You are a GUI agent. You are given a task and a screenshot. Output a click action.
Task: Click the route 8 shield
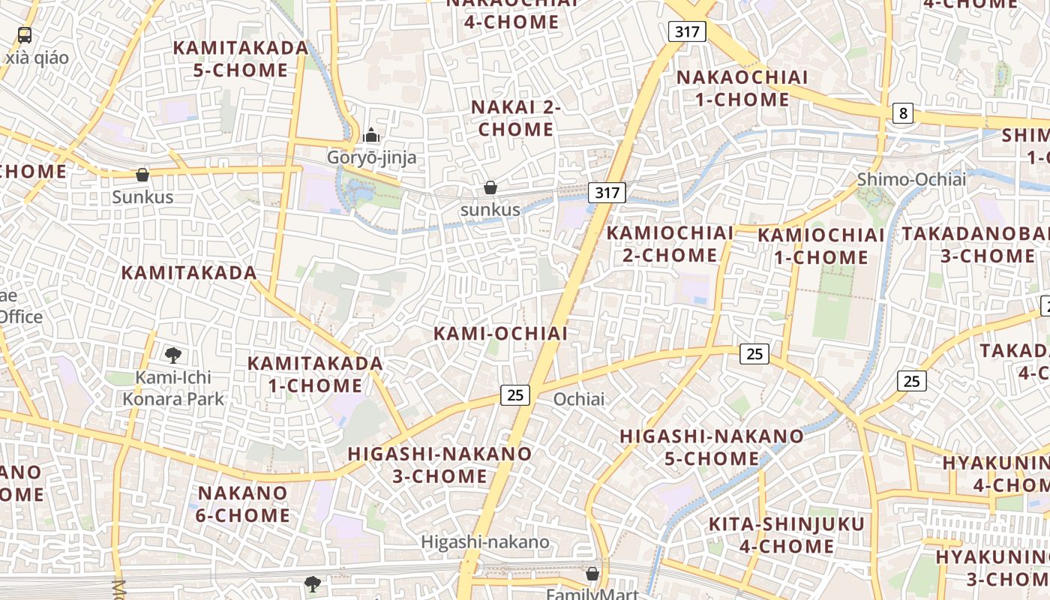pos(903,113)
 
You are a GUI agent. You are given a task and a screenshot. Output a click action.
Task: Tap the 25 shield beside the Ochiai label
pos(515,394)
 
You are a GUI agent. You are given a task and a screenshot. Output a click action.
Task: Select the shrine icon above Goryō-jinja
pos(370,136)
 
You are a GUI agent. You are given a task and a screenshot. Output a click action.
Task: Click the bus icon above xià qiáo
pos(25,34)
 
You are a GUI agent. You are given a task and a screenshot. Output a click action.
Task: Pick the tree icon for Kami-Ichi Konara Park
pos(173,355)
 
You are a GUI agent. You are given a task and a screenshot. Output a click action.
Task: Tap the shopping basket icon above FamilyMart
pos(592,574)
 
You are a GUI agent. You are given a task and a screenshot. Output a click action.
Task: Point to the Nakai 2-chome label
pos(516,118)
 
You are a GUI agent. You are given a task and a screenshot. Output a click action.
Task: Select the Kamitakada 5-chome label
pos(241,59)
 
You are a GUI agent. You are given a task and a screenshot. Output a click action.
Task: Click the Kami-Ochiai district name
pos(501,334)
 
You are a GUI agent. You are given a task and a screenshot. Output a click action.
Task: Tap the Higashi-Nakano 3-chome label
pos(440,465)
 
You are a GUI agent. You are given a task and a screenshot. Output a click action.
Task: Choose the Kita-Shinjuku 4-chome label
pos(787,535)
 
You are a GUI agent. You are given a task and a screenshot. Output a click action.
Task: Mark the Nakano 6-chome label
pos(243,504)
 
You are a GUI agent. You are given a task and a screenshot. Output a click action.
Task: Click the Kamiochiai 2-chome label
pos(670,244)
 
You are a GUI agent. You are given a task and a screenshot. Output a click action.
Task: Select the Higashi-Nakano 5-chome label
pos(712,447)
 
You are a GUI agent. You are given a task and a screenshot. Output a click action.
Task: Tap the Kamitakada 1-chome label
pos(315,374)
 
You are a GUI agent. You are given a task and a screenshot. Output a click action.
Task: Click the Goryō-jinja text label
pos(371,157)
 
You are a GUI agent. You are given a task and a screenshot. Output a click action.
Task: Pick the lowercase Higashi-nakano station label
pos(485,541)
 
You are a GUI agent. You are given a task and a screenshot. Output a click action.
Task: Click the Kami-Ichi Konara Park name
pos(173,388)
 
